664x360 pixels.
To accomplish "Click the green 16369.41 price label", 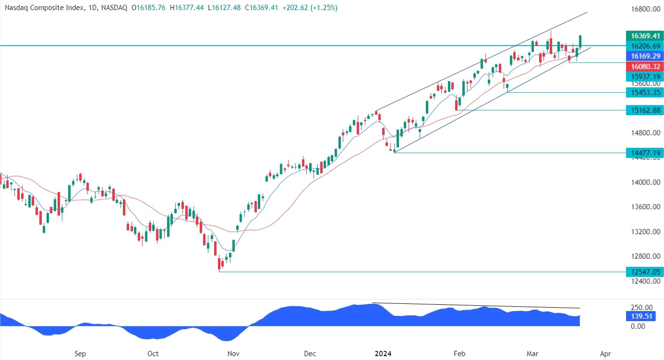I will (645, 36).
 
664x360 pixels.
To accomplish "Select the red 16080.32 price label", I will (645, 66).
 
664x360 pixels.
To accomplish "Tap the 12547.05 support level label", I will (645, 272).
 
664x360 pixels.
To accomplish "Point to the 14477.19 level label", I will (645, 153).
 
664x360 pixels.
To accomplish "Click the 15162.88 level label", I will (645, 110).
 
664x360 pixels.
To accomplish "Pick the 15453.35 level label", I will (645, 92).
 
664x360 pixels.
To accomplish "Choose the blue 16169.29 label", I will (645, 56).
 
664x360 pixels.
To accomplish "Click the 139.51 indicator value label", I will (641, 316).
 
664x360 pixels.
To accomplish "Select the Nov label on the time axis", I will (233, 354).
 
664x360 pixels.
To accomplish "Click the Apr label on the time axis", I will (606, 354).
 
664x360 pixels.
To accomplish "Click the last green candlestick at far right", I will (580, 42).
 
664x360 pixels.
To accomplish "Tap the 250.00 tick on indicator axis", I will (641, 308).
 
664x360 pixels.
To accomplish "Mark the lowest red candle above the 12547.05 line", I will (219, 264).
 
